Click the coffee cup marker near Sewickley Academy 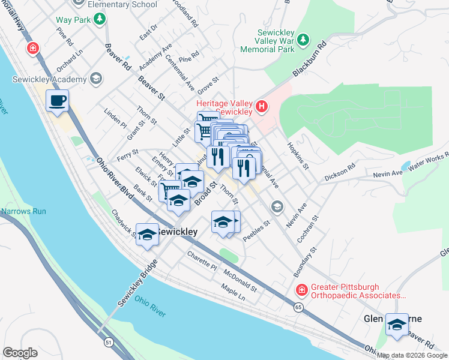coord(57,101)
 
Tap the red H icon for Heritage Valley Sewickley coord(261,107)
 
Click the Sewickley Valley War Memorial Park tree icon coord(304,40)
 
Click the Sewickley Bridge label coord(135,284)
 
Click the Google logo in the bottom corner coord(20,353)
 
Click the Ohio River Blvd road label coord(114,179)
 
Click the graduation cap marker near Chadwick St coord(147,235)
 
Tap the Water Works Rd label coord(429,163)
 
